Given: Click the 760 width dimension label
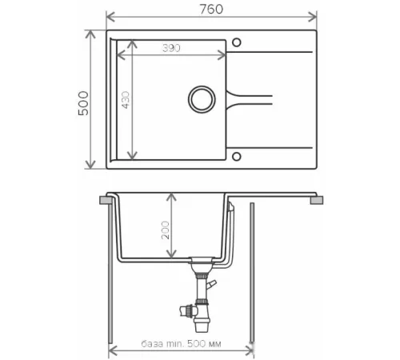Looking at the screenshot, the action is (211, 9).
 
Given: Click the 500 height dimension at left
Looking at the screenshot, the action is (83, 103).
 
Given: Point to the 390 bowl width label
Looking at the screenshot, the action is (171, 48).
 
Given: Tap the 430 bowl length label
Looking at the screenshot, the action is (126, 100).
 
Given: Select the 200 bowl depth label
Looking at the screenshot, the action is (166, 230).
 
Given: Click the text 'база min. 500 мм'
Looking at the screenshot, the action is (181, 344).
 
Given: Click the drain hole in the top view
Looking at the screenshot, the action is (202, 99).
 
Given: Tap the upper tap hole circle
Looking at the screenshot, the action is (237, 42).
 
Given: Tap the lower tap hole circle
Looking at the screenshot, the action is (237, 157).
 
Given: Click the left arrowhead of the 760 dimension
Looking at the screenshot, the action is (110, 17).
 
